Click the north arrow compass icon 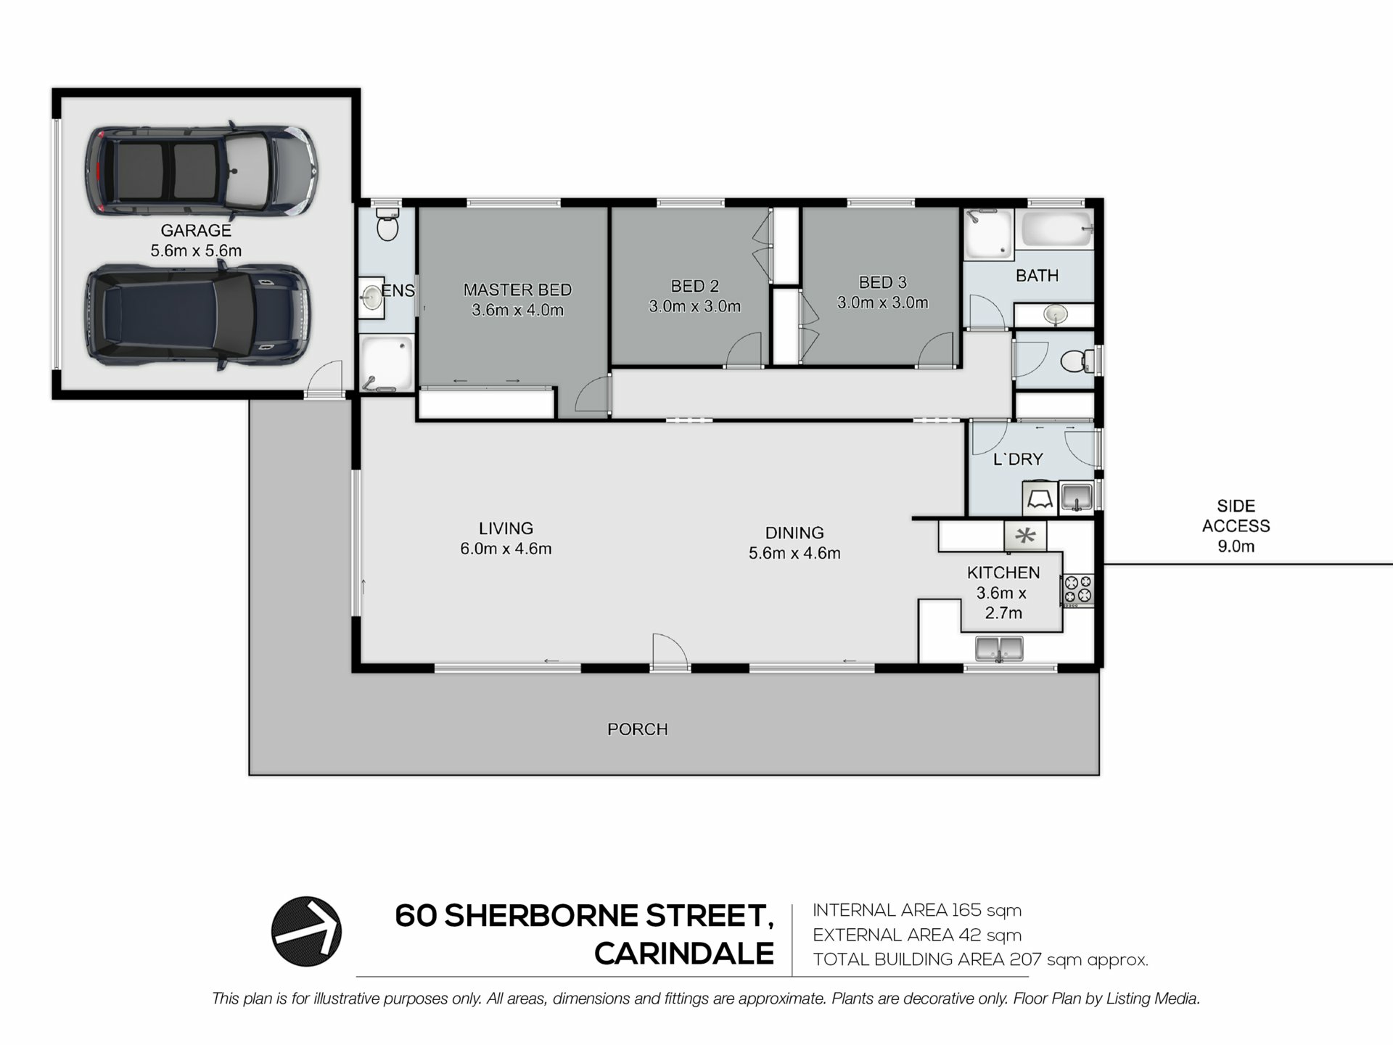[306, 931]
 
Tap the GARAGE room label [196, 231]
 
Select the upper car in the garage [201, 171]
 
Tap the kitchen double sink [999, 649]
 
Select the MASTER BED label [517, 290]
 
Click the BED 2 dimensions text [694, 307]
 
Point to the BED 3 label [882, 282]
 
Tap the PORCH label [638, 729]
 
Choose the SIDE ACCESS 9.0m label [1236, 526]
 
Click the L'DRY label [1018, 459]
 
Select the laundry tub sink [1076, 498]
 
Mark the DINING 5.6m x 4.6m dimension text [794, 554]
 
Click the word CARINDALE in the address [684, 954]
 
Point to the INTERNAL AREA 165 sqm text [917, 910]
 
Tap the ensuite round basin [372, 296]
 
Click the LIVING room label [506, 528]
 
